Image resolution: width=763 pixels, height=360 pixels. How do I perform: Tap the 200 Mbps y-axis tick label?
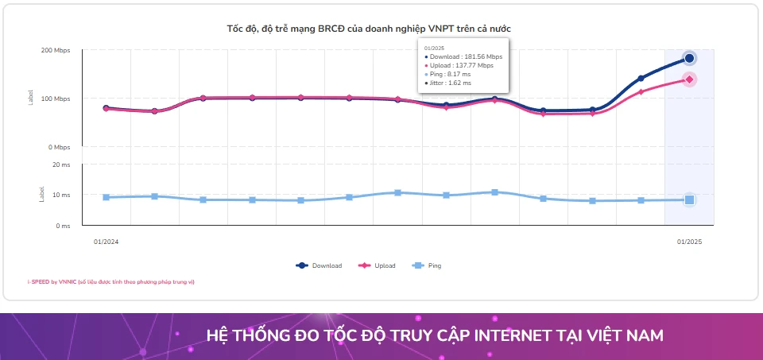click(56, 50)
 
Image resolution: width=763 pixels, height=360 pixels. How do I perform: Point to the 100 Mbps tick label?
click(56, 99)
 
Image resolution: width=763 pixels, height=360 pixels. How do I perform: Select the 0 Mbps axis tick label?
click(58, 147)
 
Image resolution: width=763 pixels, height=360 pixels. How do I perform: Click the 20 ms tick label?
click(61, 165)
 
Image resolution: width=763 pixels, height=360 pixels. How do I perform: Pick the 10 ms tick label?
click(61, 195)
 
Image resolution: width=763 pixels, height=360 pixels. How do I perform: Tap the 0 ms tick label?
click(63, 226)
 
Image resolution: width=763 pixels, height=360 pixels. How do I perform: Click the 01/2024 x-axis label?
click(106, 242)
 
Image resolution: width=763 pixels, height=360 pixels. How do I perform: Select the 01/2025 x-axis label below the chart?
click(689, 242)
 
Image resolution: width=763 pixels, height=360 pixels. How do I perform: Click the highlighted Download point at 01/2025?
click(689, 58)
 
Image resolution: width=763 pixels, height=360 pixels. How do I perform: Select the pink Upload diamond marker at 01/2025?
click(689, 79)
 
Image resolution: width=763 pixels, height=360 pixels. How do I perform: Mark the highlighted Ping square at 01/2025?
click(689, 200)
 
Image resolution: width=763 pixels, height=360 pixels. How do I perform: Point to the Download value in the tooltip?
click(465, 57)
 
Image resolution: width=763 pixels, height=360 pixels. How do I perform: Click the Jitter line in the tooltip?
click(449, 82)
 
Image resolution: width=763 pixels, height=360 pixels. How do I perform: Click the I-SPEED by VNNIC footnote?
click(110, 282)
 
